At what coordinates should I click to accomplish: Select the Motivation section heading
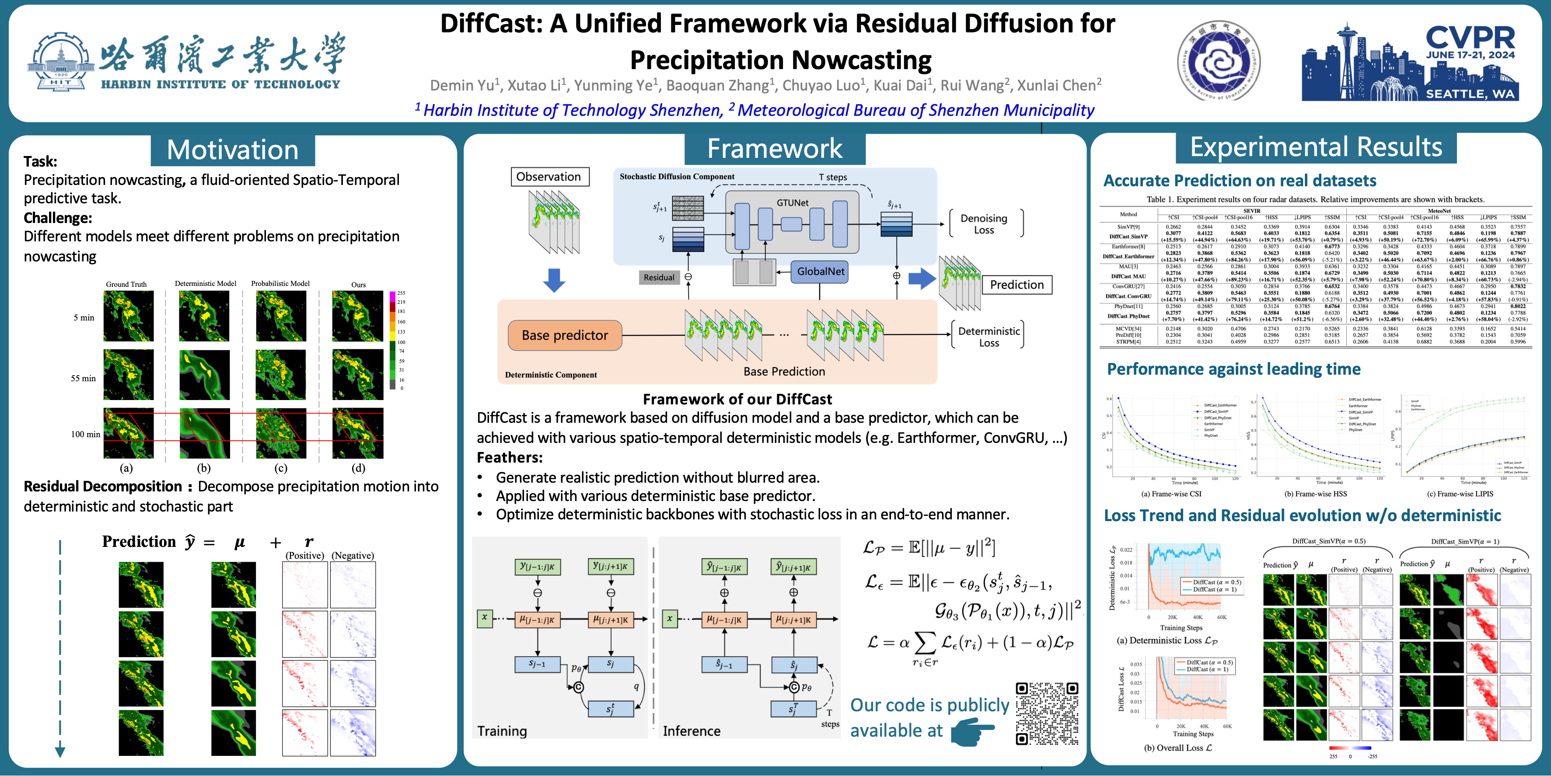pyautogui.click(x=232, y=150)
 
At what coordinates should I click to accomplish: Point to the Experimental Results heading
pyautogui.click(x=1316, y=147)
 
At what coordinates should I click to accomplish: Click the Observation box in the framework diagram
pyautogui.click(x=548, y=176)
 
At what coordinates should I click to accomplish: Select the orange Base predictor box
pyautogui.click(x=564, y=335)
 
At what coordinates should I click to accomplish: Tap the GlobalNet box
pyautogui.click(x=820, y=271)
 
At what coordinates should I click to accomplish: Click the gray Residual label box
pyautogui.click(x=659, y=278)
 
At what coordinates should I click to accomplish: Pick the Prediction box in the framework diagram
pyautogui.click(x=1017, y=285)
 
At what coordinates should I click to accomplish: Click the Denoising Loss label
pyautogui.click(x=984, y=224)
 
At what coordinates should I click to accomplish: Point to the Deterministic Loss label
pyautogui.click(x=989, y=337)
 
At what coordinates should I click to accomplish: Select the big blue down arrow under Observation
pyautogui.click(x=554, y=280)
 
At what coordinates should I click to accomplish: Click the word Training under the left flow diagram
pyautogui.click(x=502, y=731)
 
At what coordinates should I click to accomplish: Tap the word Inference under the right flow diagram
pyautogui.click(x=691, y=731)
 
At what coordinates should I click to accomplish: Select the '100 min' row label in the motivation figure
pyautogui.click(x=85, y=434)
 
